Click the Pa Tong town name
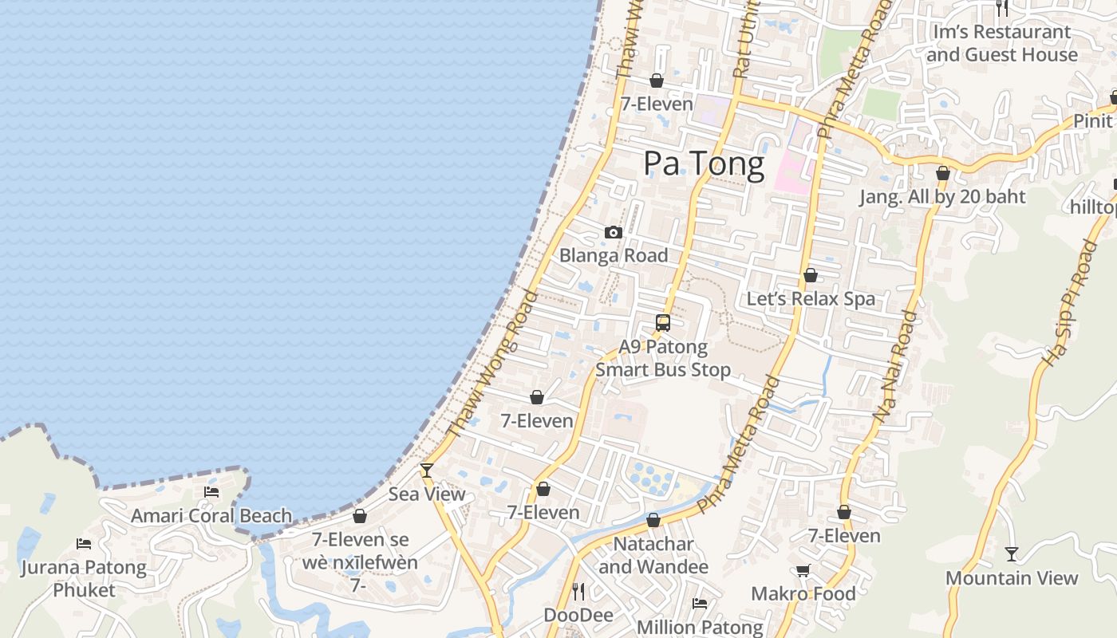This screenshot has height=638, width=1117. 704,163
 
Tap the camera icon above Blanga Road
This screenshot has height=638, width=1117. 614,233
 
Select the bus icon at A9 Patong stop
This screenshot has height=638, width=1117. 663,323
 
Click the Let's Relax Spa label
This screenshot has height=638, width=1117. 811,299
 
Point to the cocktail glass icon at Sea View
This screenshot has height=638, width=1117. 427,471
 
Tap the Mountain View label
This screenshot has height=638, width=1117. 1012,578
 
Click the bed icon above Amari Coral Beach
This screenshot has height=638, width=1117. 211,492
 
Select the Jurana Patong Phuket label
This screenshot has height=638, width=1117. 84,579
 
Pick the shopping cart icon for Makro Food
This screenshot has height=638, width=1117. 803,570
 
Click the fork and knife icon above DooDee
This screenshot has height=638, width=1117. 579,591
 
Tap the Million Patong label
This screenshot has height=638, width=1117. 700,627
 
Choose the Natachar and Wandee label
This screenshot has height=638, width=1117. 653,556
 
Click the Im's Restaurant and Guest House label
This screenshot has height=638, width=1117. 1002,44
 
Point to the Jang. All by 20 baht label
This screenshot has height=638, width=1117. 942,197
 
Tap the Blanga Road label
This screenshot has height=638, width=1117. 614,256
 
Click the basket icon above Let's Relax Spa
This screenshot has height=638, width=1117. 811,276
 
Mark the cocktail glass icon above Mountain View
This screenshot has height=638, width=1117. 1012,553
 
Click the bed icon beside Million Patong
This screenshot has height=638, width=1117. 700,604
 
